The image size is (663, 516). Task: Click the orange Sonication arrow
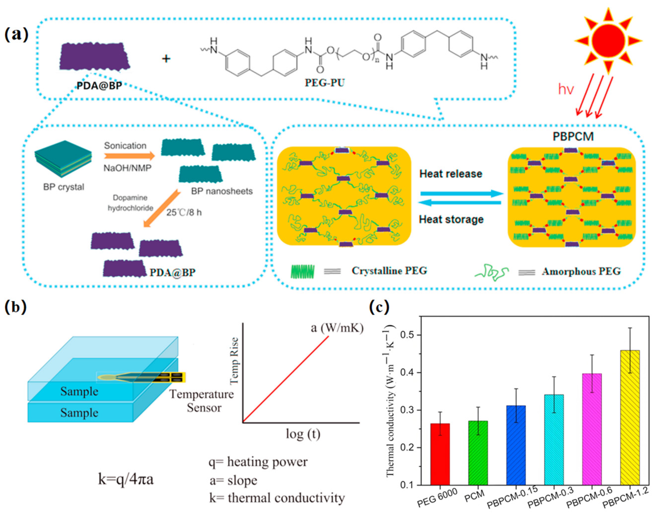(x=129, y=156)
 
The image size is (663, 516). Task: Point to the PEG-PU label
(x=325, y=82)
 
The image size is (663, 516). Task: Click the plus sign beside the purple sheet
(x=166, y=58)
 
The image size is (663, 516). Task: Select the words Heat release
(x=451, y=174)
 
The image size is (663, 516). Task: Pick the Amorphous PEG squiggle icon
(x=491, y=272)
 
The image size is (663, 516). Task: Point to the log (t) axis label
(x=303, y=434)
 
